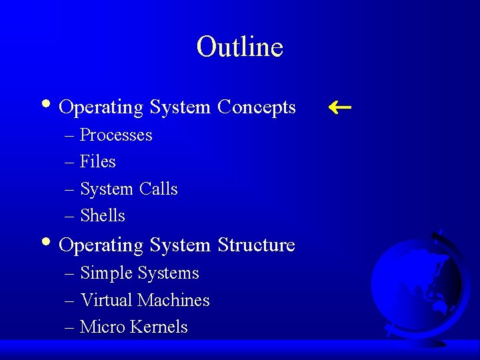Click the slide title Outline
coord(240,47)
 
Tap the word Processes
coord(116,135)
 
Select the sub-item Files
coord(97,162)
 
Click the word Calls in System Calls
coord(159,189)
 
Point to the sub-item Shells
coord(102,216)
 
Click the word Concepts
coord(257,107)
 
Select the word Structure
coord(256,245)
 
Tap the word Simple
coord(106,273)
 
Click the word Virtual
coord(106,301)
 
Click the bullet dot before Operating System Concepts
coord(45,105)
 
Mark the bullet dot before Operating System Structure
coord(45,243)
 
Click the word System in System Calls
coord(106,189)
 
